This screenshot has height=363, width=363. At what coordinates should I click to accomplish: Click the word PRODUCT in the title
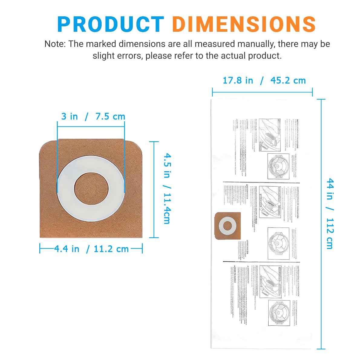[x=110, y=24]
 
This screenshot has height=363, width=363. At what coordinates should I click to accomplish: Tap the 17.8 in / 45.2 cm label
[x=264, y=80]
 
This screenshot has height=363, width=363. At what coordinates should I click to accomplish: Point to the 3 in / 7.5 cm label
[x=93, y=116]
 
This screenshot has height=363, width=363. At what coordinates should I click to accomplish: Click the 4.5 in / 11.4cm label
[x=167, y=188]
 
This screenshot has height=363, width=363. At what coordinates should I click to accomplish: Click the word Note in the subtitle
[x=54, y=44]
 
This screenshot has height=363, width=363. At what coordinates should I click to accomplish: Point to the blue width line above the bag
[x=262, y=92]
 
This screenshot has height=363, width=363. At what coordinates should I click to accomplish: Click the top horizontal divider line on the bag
[x=261, y=182]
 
